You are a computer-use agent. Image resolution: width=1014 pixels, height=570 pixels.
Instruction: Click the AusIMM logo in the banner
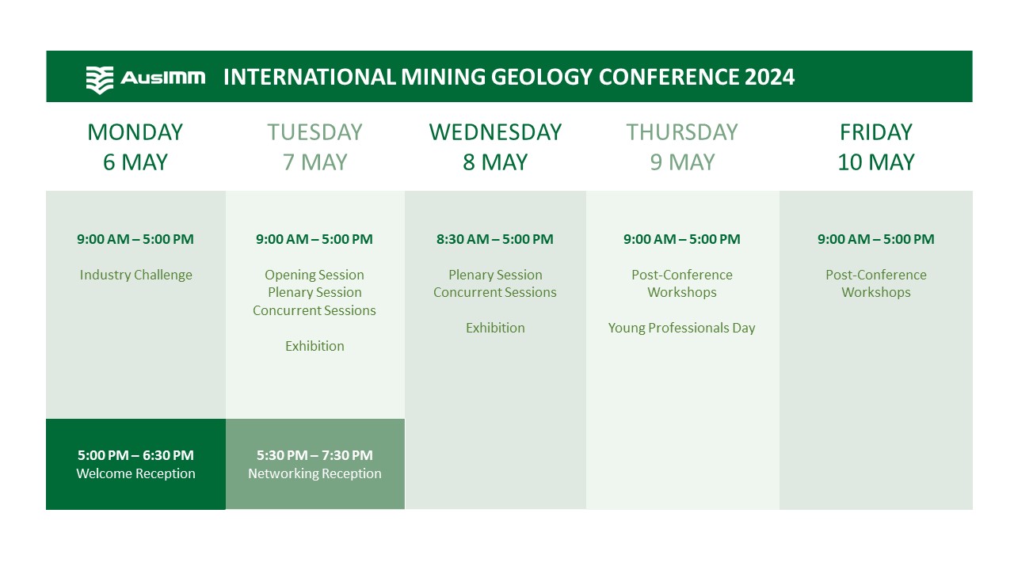(145, 78)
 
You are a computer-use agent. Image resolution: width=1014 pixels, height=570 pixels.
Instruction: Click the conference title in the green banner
(509, 78)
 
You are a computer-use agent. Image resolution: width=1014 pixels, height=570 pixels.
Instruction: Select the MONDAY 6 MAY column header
(135, 146)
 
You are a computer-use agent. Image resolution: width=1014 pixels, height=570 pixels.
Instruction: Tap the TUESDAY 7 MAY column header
(314, 146)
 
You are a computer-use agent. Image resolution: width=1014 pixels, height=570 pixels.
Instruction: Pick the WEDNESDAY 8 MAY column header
(495, 146)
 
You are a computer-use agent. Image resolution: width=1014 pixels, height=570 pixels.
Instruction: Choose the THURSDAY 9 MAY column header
(682, 146)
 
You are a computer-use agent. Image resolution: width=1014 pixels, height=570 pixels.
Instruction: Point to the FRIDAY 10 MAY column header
(875, 146)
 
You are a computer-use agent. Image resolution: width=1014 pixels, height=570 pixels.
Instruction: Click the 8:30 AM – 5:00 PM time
(495, 239)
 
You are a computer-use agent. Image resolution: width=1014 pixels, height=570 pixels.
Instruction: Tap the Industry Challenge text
(135, 275)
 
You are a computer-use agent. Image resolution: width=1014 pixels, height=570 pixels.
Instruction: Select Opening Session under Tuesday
(314, 275)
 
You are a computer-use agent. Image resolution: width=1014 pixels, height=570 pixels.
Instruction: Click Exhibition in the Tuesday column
(314, 346)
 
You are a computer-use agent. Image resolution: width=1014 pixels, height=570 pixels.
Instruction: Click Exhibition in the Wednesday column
(495, 328)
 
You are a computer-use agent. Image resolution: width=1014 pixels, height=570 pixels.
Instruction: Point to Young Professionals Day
(682, 328)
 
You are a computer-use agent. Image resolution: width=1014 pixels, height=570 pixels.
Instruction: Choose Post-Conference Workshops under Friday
(875, 283)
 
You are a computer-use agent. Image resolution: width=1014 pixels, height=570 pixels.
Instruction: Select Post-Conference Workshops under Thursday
(682, 283)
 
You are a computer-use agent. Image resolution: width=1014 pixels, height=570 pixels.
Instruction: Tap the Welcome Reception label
(135, 473)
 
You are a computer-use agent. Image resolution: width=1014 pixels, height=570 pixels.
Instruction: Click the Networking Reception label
(314, 473)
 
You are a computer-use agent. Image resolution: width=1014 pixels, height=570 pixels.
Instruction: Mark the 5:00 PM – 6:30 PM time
(135, 455)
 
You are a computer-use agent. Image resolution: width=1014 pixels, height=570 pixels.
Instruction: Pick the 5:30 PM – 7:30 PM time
(314, 455)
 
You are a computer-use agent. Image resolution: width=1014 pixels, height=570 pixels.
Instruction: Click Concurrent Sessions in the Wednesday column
(495, 292)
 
